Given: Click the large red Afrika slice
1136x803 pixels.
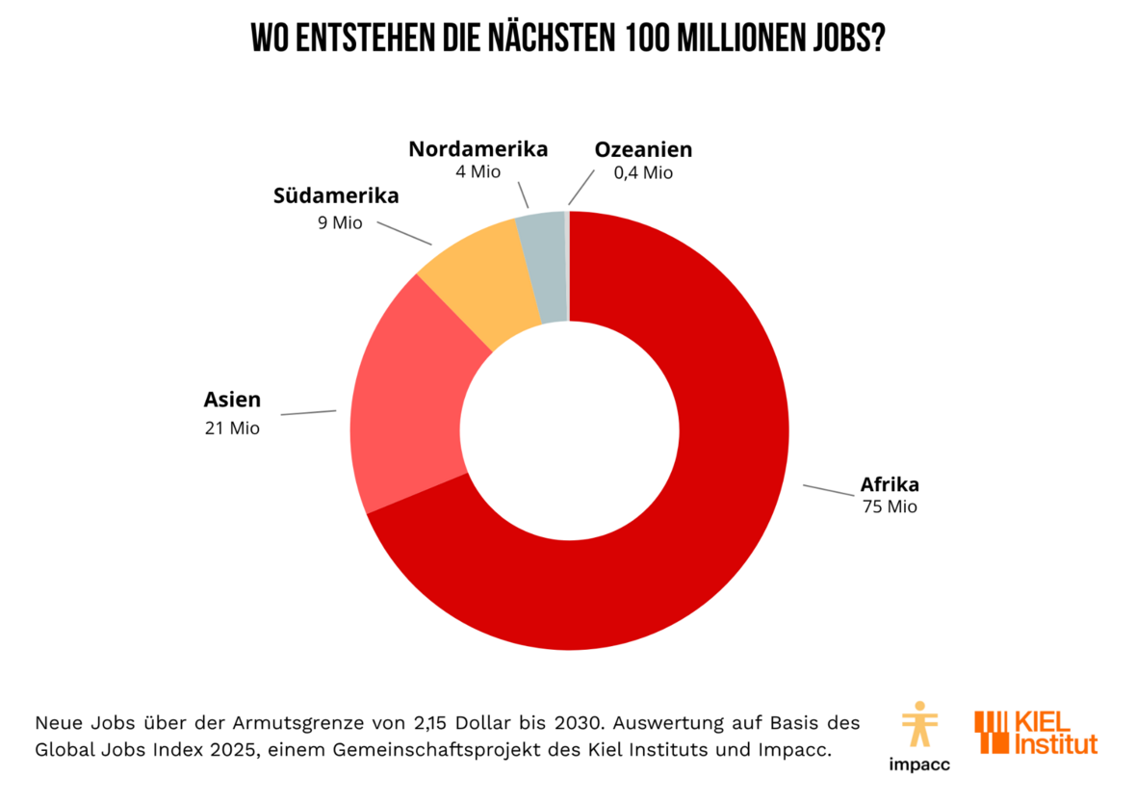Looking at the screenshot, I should click(x=693, y=539).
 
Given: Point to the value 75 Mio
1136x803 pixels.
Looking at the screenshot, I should click(x=890, y=506).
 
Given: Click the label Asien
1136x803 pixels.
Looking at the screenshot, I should click(x=232, y=399).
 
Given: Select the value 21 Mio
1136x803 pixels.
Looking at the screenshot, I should click(x=231, y=428).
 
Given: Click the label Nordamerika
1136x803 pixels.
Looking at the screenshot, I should click(x=478, y=149).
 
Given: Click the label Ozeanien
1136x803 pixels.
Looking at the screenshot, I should click(x=643, y=149).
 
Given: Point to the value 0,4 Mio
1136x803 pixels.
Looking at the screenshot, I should click(x=643, y=173).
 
